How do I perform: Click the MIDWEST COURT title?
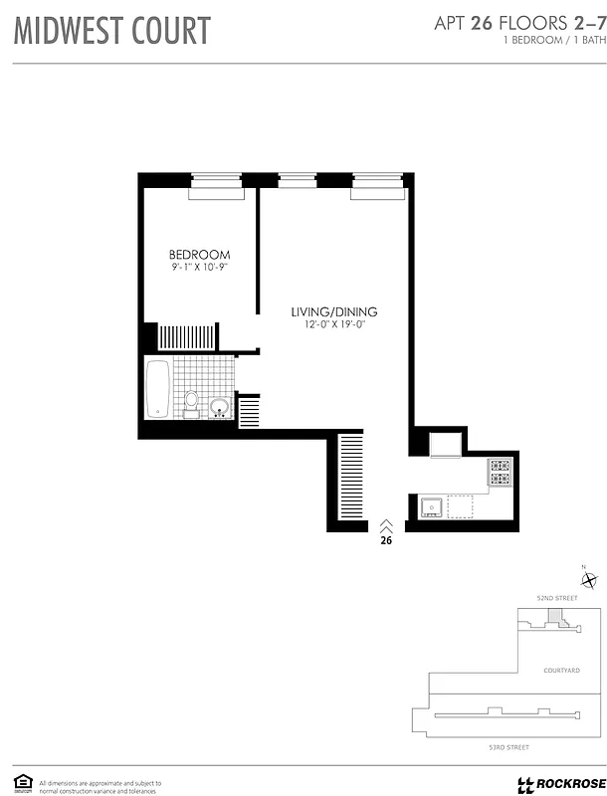click(x=112, y=30)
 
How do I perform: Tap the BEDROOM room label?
click(x=199, y=255)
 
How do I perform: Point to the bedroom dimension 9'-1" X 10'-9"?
click(x=199, y=267)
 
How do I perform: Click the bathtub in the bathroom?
click(x=158, y=389)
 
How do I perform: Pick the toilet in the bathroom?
click(x=191, y=401)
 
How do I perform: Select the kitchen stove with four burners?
click(x=499, y=472)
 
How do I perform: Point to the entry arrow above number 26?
click(x=386, y=524)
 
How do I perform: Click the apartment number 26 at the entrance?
click(x=386, y=541)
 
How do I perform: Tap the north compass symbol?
click(x=589, y=581)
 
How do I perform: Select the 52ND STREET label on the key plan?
click(x=557, y=598)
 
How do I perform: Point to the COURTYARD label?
click(x=561, y=671)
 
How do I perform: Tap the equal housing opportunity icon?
click(x=21, y=781)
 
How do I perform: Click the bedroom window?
click(x=217, y=181)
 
